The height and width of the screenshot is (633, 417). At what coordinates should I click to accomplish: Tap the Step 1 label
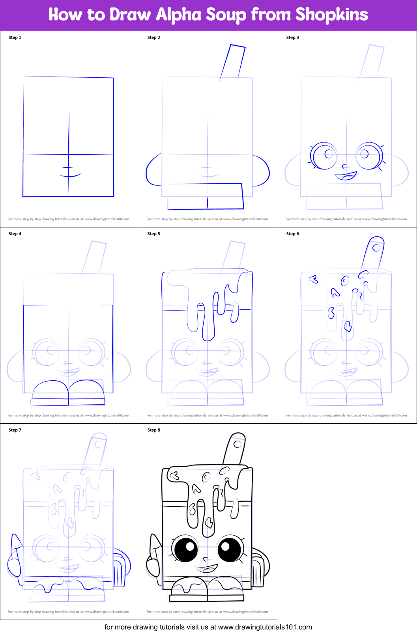coord(15,37)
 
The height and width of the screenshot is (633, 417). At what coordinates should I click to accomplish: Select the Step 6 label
coord(292,234)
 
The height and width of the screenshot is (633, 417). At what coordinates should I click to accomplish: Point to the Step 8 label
coord(153,430)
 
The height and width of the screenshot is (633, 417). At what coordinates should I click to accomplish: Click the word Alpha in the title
coord(179,15)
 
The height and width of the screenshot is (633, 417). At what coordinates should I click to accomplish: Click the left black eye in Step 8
coord(186,549)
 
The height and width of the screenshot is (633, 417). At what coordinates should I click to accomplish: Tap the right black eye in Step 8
coord(229,549)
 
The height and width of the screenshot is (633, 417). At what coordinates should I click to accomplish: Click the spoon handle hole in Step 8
coord(237,444)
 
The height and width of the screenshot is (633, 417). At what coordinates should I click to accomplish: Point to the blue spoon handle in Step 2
coord(233,62)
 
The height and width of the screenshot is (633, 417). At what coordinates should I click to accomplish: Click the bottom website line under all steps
coord(208,627)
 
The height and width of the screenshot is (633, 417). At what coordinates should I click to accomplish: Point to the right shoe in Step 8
coord(225,586)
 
